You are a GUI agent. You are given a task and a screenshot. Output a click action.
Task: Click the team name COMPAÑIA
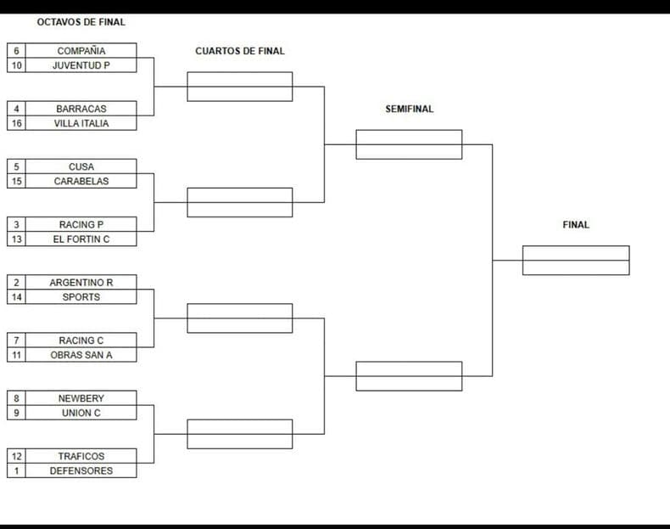pyautogui.click(x=81, y=51)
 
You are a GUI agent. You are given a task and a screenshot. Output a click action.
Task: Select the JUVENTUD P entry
pyautogui.click(x=81, y=65)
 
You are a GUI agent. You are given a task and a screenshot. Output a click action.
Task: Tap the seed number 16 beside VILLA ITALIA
pyautogui.click(x=16, y=123)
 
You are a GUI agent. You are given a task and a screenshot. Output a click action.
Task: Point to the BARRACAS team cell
pyautogui.click(x=81, y=109)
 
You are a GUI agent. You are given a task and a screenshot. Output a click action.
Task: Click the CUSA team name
pyautogui.click(x=81, y=166)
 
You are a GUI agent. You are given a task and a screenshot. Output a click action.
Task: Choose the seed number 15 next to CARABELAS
pyautogui.click(x=16, y=181)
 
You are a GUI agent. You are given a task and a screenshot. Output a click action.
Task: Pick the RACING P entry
pyautogui.click(x=81, y=224)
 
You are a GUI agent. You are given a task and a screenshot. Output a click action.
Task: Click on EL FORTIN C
pyautogui.click(x=81, y=239)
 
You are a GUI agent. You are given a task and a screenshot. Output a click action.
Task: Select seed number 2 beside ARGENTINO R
pyautogui.click(x=16, y=282)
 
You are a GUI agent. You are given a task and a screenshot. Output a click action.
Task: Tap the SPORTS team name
pyautogui.click(x=81, y=297)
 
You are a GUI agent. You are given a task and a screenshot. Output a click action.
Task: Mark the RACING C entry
pyautogui.click(x=81, y=340)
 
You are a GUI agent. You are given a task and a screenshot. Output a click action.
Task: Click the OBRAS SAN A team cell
pyautogui.click(x=81, y=355)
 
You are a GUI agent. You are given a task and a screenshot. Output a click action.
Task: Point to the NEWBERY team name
pyautogui.click(x=81, y=398)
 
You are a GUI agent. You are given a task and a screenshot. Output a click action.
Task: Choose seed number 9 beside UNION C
pyautogui.click(x=16, y=413)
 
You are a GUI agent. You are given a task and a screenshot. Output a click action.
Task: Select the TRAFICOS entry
pyautogui.click(x=81, y=456)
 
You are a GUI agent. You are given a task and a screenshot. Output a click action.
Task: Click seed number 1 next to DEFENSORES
pyautogui.click(x=16, y=471)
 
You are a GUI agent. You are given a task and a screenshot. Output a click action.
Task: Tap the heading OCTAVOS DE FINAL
pyautogui.click(x=81, y=22)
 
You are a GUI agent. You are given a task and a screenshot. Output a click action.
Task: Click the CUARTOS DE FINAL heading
pyautogui.click(x=240, y=51)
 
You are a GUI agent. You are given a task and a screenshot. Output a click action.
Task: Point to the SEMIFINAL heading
pyautogui.click(x=410, y=109)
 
